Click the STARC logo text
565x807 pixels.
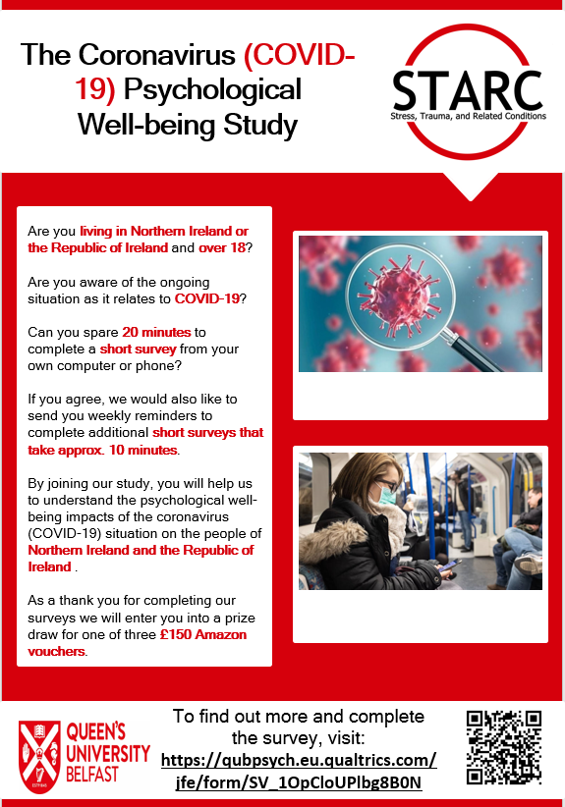467,90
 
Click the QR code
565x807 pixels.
503,746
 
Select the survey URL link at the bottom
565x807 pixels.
298,771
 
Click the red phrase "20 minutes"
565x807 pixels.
164,333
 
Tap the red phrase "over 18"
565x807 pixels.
224,247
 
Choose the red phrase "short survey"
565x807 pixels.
138,349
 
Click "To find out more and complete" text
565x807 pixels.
298,716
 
